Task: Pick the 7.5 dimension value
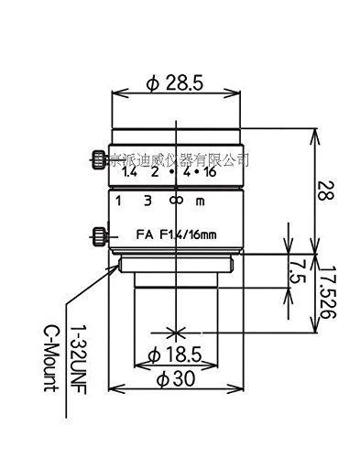tap(294, 271)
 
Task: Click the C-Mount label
tap(56, 354)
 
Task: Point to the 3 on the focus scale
tap(147, 201)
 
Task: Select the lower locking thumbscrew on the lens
tap(98, 236)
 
